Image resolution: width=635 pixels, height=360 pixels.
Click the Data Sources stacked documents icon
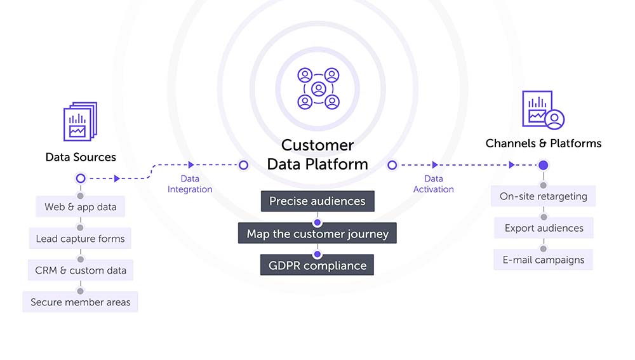coord(80,121)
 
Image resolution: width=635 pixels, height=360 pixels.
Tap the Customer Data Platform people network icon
coord(317,88)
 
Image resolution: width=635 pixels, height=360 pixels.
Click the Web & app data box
coord(80,207)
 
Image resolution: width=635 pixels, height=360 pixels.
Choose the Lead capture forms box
coord(80,239)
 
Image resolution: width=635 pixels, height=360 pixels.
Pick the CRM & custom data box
coord(80,270)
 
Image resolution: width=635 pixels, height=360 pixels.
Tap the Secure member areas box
coord(80,302)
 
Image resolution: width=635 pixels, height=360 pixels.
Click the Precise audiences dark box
coord(317,201)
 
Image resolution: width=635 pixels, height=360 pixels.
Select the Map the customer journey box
coord(317,234)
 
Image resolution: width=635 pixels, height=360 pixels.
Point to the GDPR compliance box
coord(317,265)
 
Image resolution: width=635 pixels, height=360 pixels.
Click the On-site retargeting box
coord(543,196)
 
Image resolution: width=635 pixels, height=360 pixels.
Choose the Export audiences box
coord(544,228)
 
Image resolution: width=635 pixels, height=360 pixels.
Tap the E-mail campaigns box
coord(543,260)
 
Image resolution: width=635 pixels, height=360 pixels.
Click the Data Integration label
coord(190,184)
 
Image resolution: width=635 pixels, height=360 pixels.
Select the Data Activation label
coord(434,184)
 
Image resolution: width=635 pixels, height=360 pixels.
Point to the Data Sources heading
coord(81,157)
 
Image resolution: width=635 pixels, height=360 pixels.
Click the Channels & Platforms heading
coord(544,143)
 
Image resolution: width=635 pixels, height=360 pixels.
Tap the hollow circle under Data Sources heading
coord(80,178)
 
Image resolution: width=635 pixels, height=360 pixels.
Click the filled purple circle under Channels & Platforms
coord(543,165)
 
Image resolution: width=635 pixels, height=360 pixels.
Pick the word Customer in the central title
coord(317,145)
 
